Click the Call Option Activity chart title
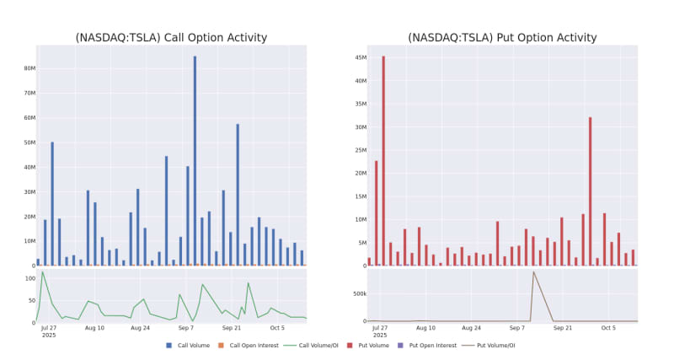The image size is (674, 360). (x=171, y=38)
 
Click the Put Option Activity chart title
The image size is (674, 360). (x=502, y=38)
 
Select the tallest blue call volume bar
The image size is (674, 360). (x=195, y=160)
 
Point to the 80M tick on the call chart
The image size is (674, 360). (x=24, y=68)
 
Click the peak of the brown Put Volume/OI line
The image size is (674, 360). (x=532, y=271)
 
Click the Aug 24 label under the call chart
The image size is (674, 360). (x=140, y=327)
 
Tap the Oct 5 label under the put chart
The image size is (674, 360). (x=608, y=327)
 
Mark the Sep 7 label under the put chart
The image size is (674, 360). (x=517, y=327)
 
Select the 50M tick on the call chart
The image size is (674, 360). (x=24, y=142)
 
